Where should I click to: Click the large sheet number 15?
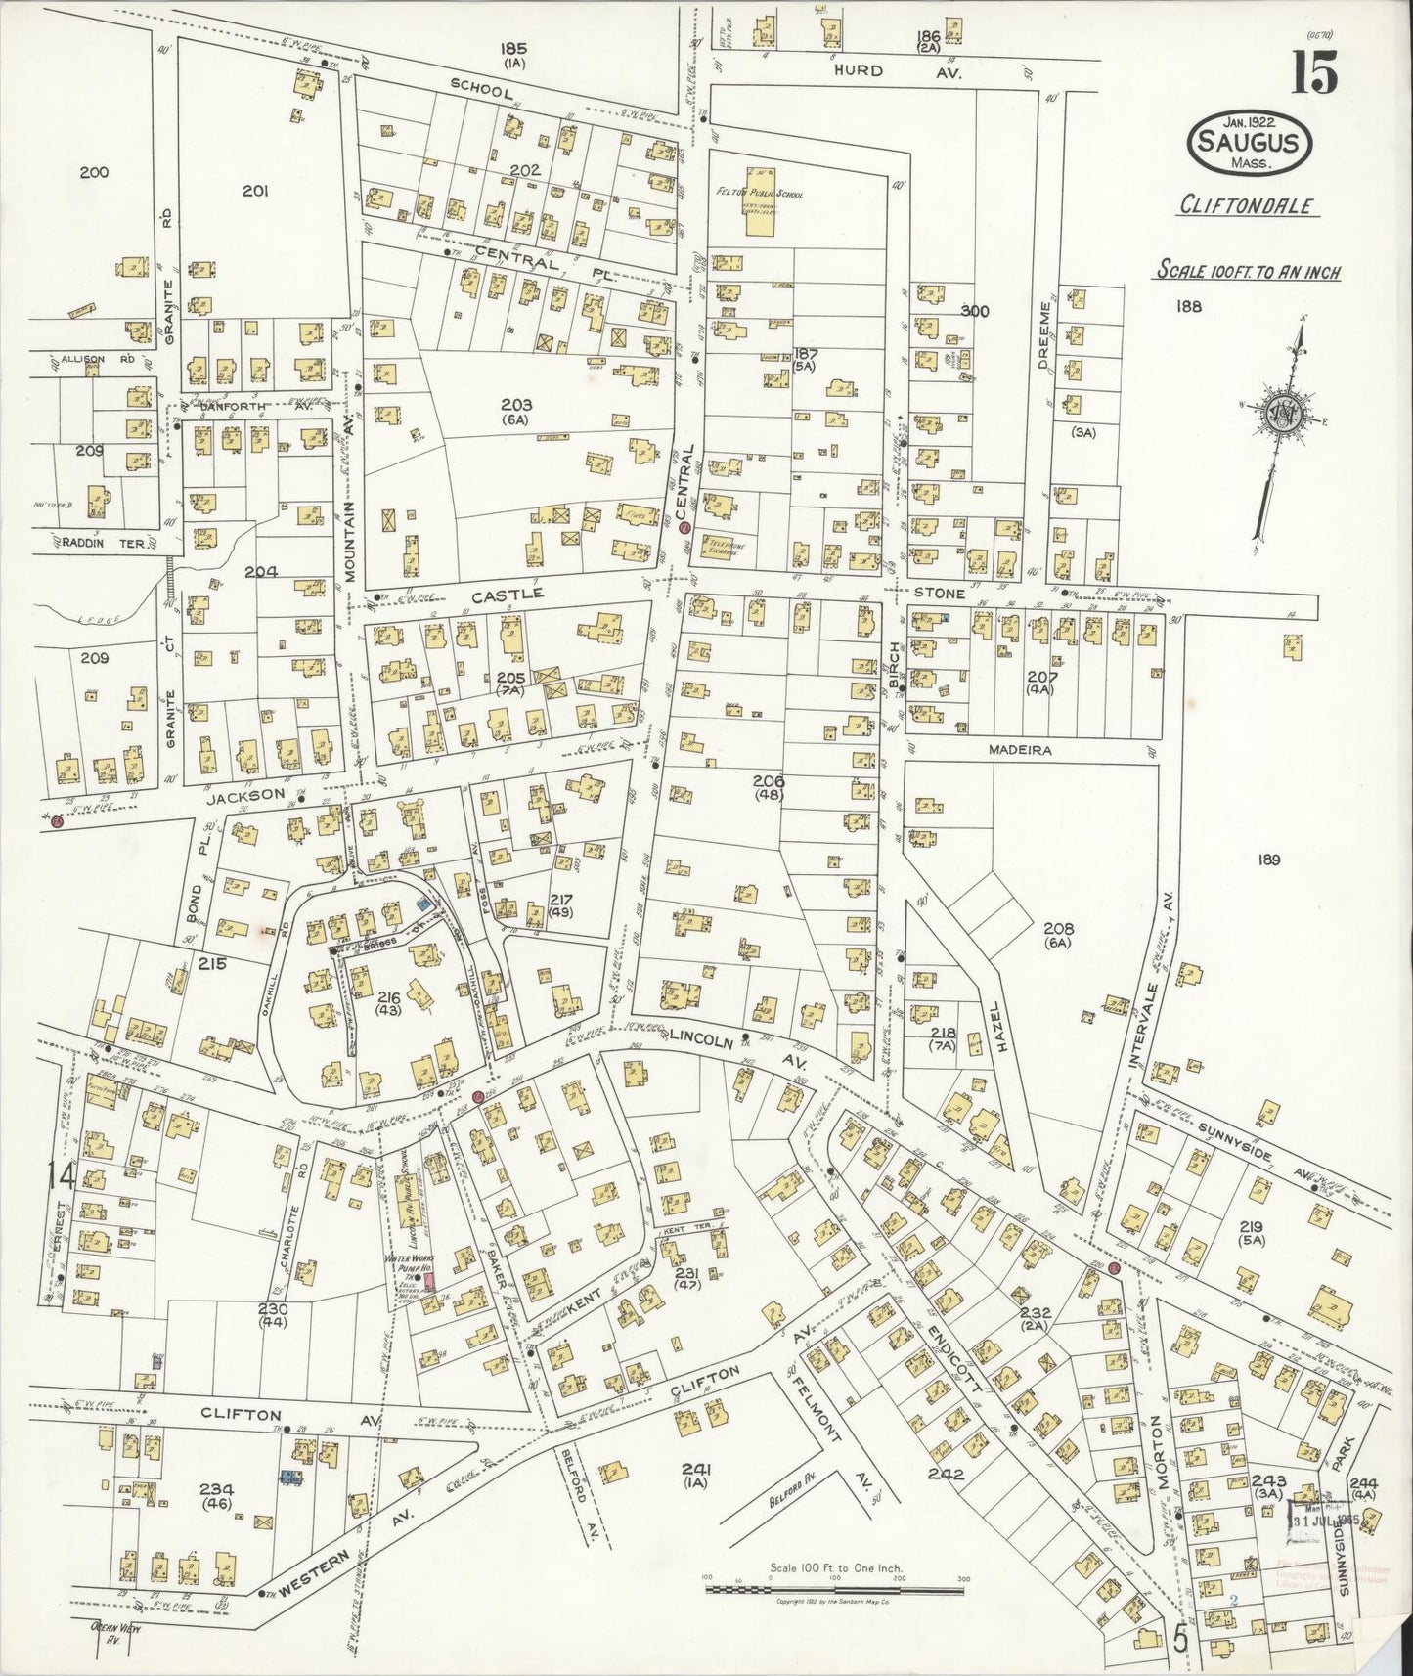coord(1311,71)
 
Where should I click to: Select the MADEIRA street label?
coord(1023,748)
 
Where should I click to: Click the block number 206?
coord(770,781)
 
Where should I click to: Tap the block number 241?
coord(698,1469)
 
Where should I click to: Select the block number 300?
coord(975,311)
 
